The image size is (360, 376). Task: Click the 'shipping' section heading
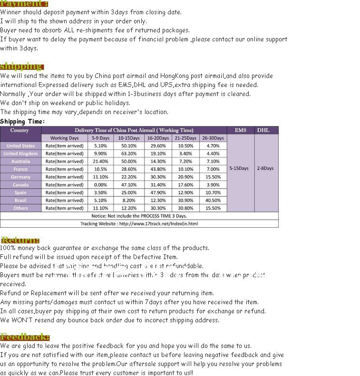(21, 66)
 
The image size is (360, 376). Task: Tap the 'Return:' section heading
(20, 240)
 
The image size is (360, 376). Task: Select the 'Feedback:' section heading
(25, 337)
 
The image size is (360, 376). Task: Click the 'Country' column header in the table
(19, 130)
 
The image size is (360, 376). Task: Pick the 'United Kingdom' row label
(20, 154)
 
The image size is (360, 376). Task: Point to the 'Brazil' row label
(20, 200)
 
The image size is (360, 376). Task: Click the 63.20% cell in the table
(129, 154)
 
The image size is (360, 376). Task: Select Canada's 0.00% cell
(100, 185)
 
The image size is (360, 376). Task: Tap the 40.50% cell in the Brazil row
(213, 200)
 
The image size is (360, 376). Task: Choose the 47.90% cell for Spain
(158, 193)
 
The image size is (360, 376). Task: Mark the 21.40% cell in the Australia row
(100, 162)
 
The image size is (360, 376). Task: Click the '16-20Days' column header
(158, 138)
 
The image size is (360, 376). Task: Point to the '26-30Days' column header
(213, 138)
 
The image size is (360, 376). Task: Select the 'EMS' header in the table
(241, 130)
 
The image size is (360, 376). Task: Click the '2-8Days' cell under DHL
(265, 168)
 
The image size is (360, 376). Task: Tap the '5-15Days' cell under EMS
(239, 168)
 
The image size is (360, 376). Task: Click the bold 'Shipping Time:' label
(22, 121)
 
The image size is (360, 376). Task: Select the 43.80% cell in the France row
(158, 169)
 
